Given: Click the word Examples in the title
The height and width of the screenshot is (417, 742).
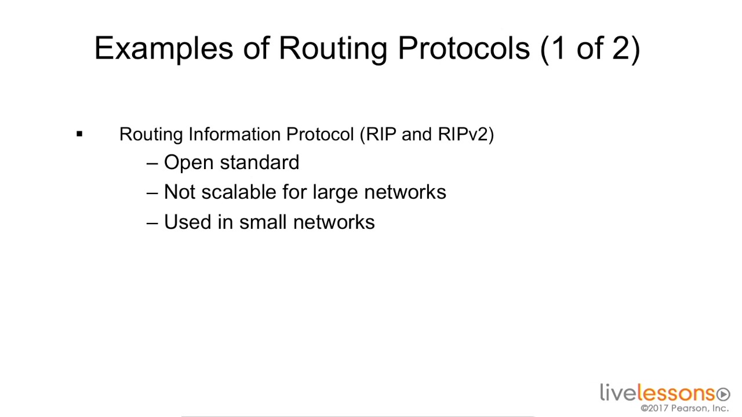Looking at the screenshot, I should [x=163, y=49].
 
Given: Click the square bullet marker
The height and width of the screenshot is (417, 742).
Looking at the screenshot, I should [x=79, y=134].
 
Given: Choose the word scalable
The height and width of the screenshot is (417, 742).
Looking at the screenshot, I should [x=239, y=192].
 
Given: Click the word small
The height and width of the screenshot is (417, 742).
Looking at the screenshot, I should [x=263, y=222].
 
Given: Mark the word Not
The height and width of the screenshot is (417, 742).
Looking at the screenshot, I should [x=180, y=192].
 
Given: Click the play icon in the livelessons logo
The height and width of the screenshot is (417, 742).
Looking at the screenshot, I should [x=723, y=395].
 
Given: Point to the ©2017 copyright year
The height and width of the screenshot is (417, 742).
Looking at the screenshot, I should [x=654, y=408].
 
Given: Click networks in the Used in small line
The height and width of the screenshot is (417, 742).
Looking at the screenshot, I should [x=334, y=222].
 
